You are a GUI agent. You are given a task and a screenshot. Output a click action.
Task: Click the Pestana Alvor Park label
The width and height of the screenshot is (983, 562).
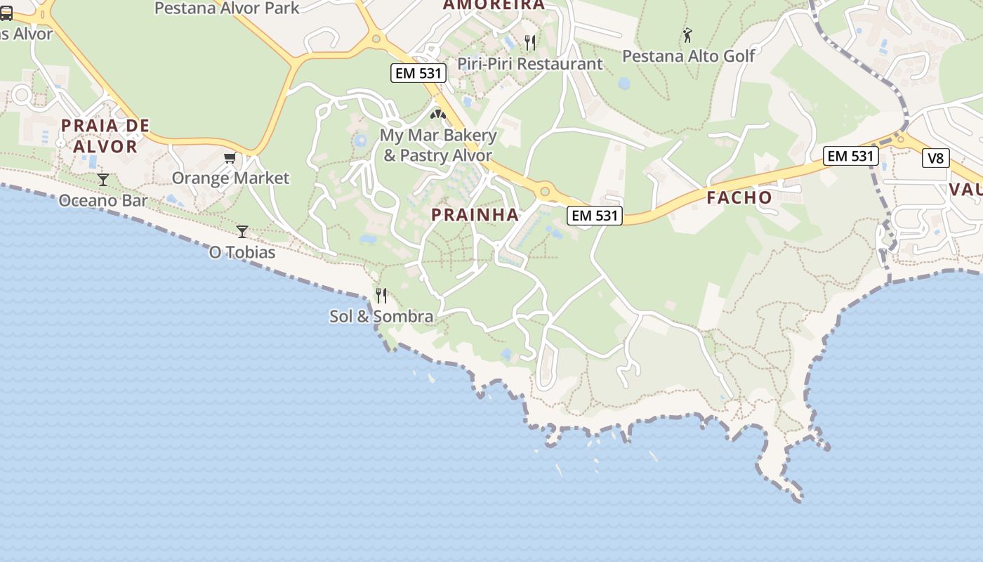(x=226, y=8)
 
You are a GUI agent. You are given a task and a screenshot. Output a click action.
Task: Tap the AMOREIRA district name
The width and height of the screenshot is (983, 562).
(x=494, y=5)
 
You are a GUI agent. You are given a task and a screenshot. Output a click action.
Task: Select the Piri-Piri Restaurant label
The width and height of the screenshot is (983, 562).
(x=530, y=64)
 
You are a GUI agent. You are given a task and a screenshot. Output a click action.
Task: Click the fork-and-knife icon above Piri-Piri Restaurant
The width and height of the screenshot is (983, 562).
(x=530, y=42)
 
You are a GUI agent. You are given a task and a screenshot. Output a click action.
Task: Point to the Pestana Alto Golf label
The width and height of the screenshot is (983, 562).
(x=689, y=56)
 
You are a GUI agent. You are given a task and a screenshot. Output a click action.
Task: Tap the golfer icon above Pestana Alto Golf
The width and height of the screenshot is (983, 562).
(x=687, y=34)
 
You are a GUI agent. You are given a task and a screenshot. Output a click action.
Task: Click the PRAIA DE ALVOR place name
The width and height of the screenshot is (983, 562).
(x=105, y=136)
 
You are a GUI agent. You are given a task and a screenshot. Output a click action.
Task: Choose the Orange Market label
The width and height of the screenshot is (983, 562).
(x=230, y=178)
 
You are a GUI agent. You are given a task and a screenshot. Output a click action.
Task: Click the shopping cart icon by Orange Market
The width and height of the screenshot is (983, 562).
(x=230, y=157)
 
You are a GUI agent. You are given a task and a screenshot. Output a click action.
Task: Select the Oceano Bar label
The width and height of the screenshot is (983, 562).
(x=103, y=200)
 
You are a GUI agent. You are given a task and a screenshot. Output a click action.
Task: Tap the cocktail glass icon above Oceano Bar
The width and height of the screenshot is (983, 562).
(x=103, y=180)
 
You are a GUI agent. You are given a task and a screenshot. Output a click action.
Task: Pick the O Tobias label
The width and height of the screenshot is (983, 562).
(x=242, y=251)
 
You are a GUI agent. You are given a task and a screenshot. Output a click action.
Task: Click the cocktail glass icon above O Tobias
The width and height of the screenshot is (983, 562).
(x=242, y=231)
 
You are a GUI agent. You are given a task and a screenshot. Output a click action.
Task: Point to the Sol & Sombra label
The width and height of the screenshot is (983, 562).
(x=381, y=316)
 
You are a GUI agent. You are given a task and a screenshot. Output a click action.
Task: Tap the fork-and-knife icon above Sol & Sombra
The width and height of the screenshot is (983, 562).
(x=381, y=295)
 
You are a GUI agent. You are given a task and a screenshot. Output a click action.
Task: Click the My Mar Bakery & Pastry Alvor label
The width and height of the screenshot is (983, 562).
(x=438, y=145)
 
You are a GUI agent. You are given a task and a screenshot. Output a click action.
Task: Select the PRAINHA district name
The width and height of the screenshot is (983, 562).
(x=475, y=215)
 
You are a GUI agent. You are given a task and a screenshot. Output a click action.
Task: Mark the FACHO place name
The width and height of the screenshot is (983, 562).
(x=739, y=198)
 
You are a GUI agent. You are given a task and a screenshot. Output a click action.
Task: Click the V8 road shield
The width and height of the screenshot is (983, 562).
(x=935, y=158)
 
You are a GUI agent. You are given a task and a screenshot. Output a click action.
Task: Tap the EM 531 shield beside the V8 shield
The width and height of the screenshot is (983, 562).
(x=850, y=156)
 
